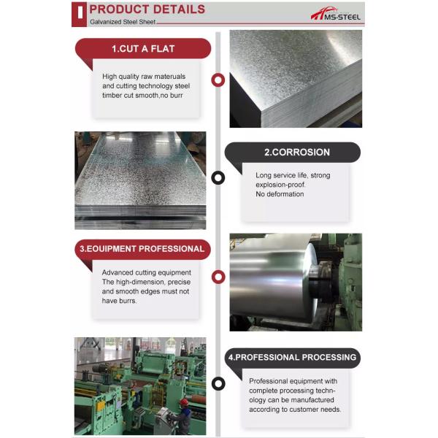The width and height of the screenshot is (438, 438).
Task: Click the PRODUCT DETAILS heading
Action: (x=147, y=9)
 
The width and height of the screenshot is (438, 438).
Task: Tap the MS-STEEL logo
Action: (x=335, y=13)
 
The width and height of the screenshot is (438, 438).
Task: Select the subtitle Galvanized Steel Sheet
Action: (x=121, y=22)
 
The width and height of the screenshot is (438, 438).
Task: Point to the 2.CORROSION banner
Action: (x=296, y=153)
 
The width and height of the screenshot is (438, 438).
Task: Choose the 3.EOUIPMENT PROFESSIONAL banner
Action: (x=142, y=249)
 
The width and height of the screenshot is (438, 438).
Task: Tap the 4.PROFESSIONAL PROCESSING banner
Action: (x=292, y=358)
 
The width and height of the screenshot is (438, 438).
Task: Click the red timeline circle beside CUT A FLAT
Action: (x=218, y=80)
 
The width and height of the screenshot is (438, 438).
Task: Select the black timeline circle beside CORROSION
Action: (x=218, y=177)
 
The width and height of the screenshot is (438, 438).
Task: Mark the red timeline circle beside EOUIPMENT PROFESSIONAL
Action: (x=218, y=276)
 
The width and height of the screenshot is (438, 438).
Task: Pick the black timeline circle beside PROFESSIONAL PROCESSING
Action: (x=218, y=383)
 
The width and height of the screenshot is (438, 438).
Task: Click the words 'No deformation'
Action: (x=280, y=194)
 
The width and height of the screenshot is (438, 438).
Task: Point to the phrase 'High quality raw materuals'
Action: (x=144, y=76)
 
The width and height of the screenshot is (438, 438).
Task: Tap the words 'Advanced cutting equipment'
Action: (x=143, y=272)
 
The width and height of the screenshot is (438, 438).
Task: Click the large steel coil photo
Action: (x=295, y=282)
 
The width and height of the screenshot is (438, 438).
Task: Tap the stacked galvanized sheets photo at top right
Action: (x=295, y=79)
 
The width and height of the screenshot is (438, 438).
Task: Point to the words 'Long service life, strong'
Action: (x=293, y=175)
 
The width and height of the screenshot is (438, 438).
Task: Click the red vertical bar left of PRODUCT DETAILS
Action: (x=77, y=12)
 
